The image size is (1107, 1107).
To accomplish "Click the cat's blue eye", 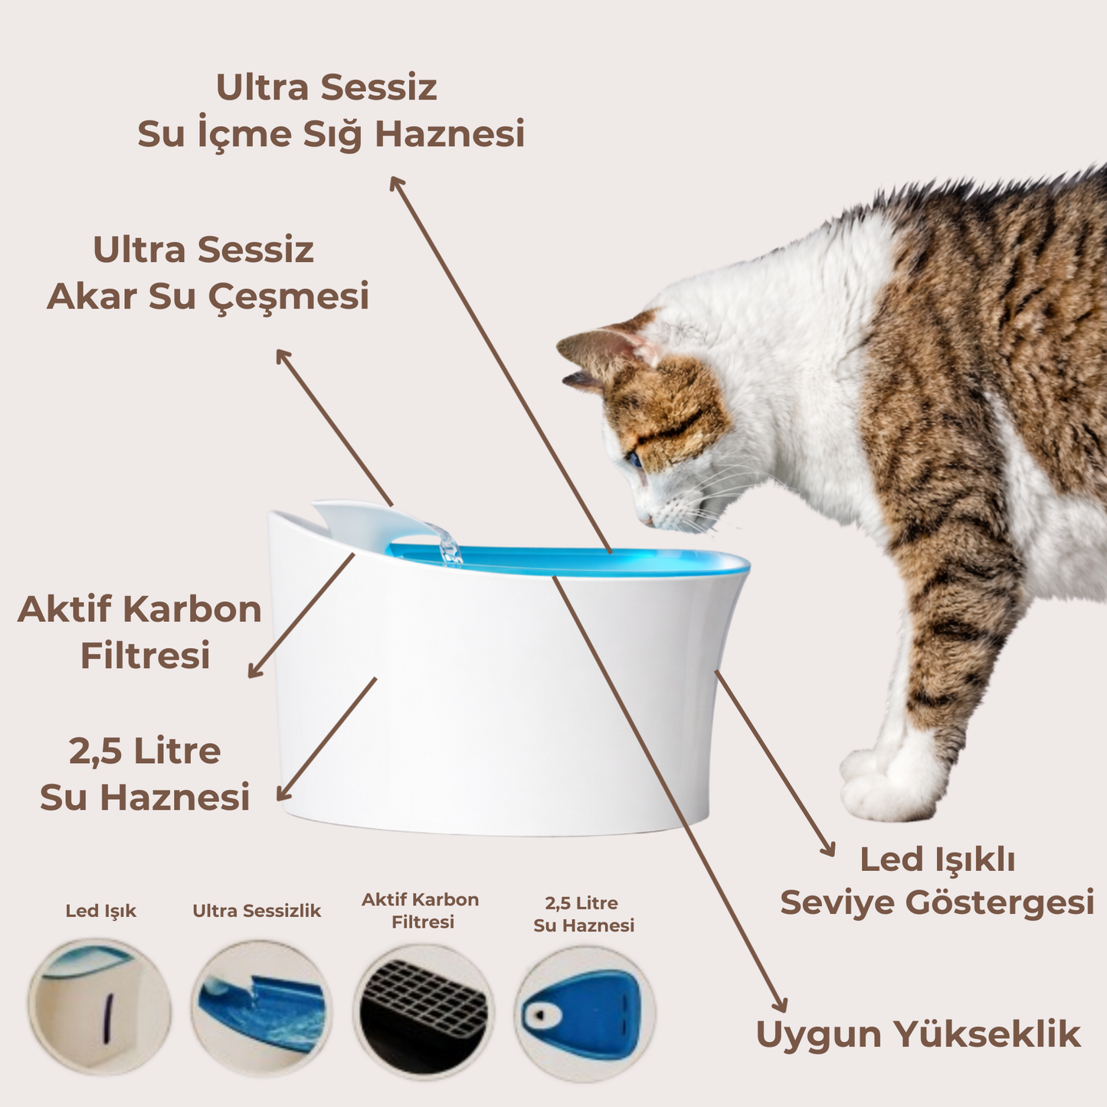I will pyautogui.click(x=634, y=460).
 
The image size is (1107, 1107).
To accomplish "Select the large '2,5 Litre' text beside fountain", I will pyautogui.click(x=145, y=751).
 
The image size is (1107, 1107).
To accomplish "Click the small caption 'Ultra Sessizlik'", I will pyautogui.click(x=257, y=911).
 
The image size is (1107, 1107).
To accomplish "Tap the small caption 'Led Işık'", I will pyautogui.click(x=100, y=911).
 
